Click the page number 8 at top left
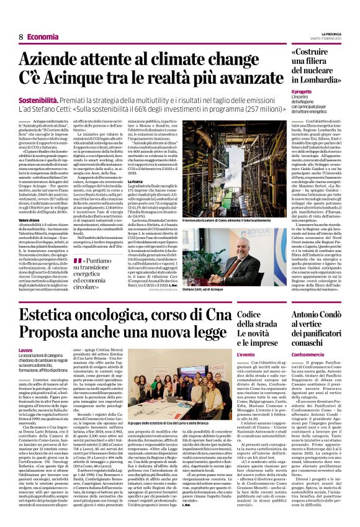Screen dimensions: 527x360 20,37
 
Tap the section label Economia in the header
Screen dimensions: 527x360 43,37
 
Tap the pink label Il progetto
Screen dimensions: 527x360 301,91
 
